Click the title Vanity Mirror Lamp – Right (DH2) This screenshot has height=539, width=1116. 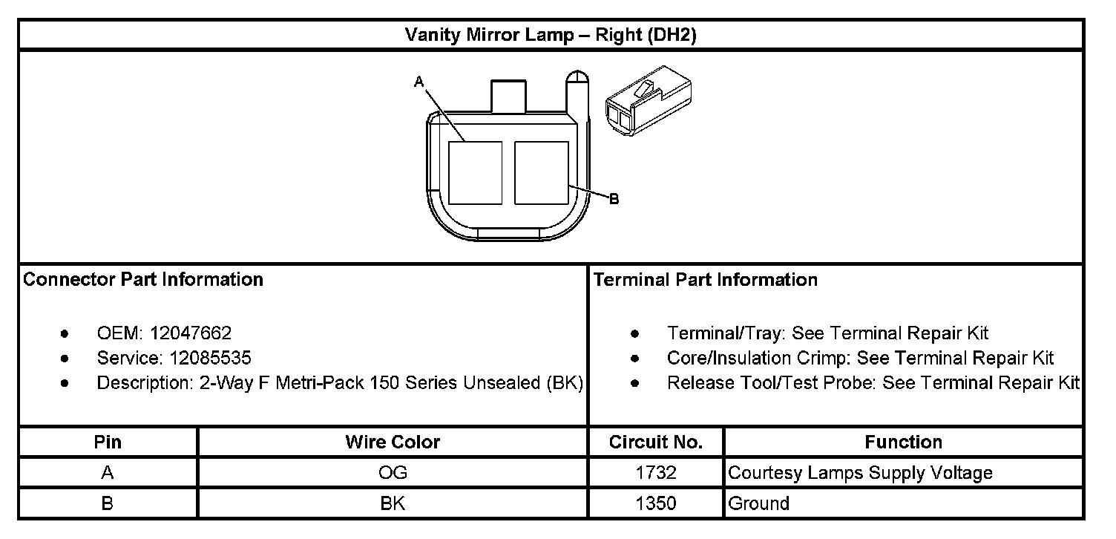pos(550,35)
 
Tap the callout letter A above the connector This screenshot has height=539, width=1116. pos(418,82)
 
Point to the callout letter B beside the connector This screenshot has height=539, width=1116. pos(614,199)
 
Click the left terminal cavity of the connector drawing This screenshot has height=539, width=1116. pos(475,171)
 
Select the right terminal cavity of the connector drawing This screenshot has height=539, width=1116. pos(541,171)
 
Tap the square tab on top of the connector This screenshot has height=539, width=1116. pos(509,96)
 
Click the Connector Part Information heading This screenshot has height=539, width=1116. pos(143,280)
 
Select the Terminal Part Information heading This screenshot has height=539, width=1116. pos(706,280)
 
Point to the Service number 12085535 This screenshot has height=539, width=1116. pos(210,358)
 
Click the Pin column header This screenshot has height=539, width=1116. pos(108,442)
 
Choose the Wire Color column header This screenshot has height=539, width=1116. pos(393,442)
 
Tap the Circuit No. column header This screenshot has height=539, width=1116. pos(656,442)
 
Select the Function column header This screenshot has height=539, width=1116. pos(903,442)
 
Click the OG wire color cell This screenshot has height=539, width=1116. pos(393,473)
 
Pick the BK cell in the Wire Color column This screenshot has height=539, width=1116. pos(393,503)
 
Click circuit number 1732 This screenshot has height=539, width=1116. pos(656,473)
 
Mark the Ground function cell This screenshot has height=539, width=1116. pos(758,503)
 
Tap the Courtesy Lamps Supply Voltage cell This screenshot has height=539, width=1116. pos(860,473)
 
